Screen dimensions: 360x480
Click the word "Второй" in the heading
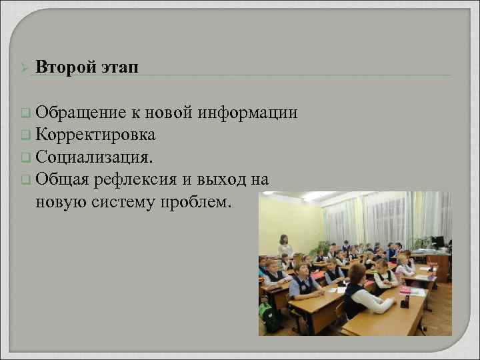tap(65, 67)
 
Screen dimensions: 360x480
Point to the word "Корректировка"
tap(96, 135)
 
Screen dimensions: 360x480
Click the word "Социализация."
tap(94, 157)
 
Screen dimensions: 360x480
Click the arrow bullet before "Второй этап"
tap(24, 68)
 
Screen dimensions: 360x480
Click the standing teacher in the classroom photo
tap(285, 245)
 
